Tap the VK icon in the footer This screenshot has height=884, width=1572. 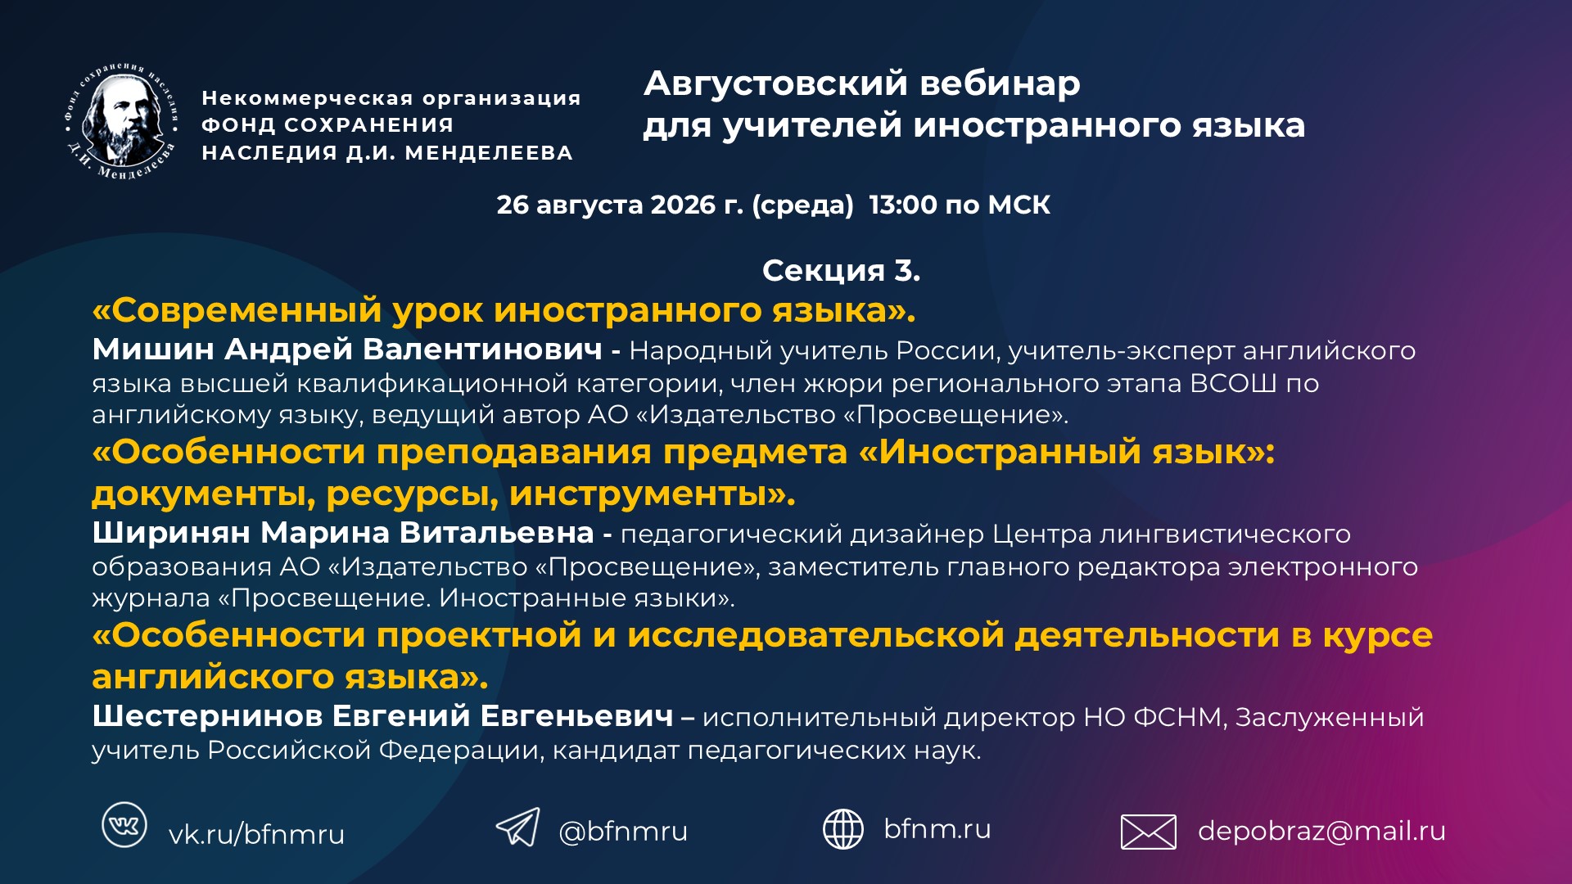pos(124,825)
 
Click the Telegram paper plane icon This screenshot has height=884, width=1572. pos(518,827)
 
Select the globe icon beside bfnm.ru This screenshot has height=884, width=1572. pos(843,829)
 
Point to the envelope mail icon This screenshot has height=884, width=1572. pos(1148,832)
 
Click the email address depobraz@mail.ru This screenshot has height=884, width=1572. pos(1321,832)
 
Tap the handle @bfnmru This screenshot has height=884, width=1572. pos(623,832)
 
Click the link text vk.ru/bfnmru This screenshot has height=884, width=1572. pos(256,835)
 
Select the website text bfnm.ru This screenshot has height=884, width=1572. pos(937,828)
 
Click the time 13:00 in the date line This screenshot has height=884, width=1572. pos(903,205)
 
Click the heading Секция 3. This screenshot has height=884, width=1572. pos(841,270)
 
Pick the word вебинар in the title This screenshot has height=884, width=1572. pos(1000,83)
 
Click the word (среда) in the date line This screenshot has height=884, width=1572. pos(802,205)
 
